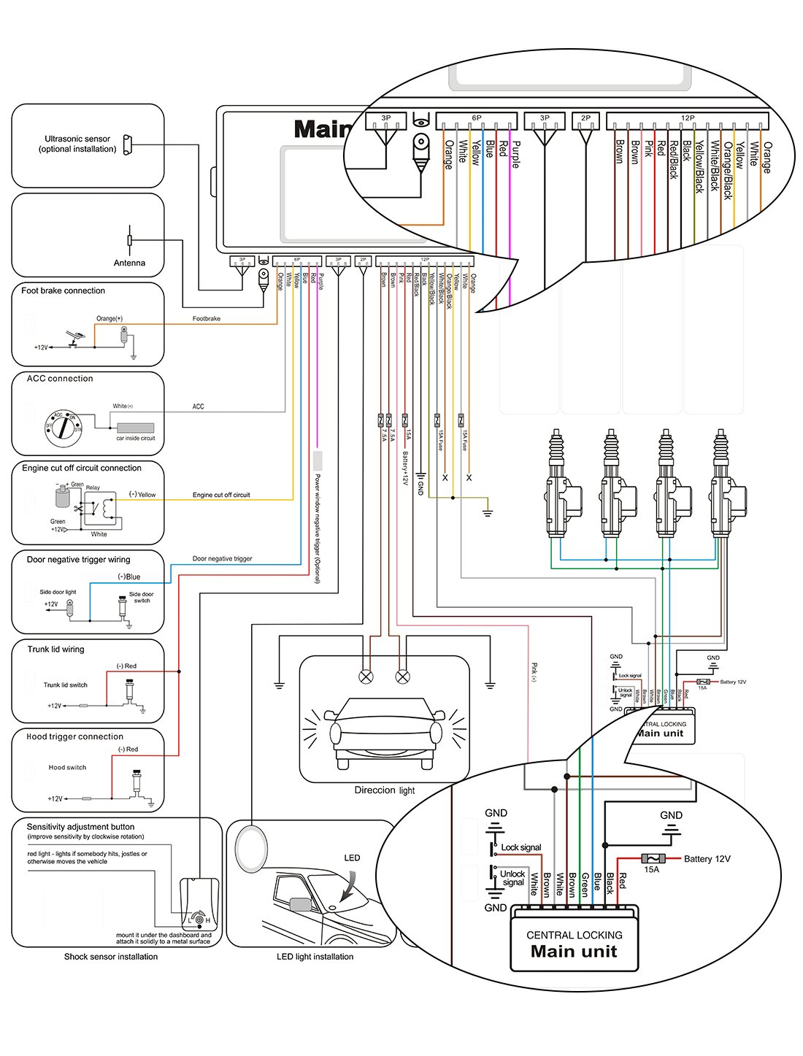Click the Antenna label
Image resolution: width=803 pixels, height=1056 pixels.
[129, 263]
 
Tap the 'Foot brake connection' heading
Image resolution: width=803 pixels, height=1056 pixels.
[63, 290]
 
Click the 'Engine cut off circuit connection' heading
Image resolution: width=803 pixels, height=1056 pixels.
[82, 468]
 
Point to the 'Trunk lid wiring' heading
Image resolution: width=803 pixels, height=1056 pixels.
[55, 649]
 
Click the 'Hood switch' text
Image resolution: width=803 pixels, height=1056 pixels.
[67, 767]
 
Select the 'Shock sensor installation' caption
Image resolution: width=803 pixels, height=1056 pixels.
[110, 956]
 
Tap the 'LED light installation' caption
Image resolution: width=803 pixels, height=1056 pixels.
[315, 956]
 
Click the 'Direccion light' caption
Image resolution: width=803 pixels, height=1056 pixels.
[384, 790]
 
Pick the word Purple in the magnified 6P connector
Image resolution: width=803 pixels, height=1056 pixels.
[515, 155]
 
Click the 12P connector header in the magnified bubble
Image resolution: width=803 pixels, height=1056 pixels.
[687, 118]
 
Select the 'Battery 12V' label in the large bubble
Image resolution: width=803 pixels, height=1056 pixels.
[707, 859]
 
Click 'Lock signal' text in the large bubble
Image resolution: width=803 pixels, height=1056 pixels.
[521, 847]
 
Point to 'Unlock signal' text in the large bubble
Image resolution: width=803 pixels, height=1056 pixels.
[512, 878]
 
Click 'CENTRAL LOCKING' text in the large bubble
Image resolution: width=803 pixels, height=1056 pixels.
[575, 935]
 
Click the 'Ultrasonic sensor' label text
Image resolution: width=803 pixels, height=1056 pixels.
[77, 139]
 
